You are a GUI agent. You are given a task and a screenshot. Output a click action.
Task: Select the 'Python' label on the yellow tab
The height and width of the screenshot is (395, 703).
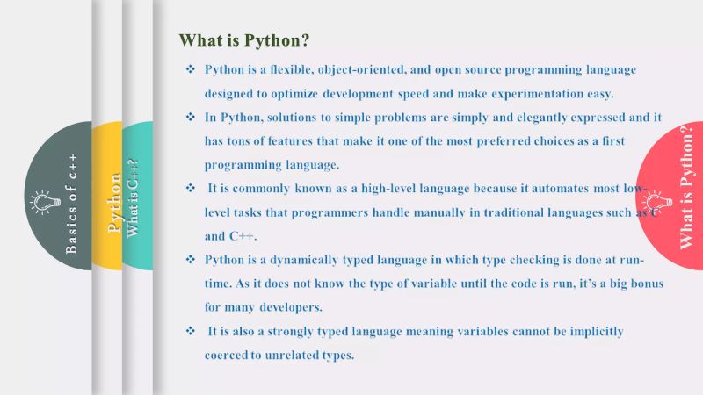pos(113,203)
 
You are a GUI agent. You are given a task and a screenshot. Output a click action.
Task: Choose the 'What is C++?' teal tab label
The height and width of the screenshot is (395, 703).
pos(134,197)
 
